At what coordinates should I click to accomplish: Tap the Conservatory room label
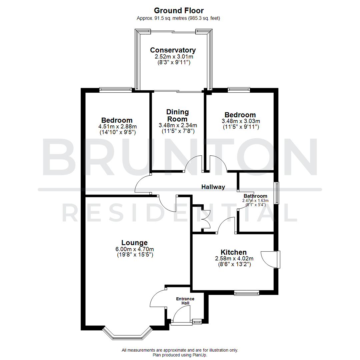173,50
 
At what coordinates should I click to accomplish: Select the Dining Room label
178,115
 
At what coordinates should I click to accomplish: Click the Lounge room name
134,242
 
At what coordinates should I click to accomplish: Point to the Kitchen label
233,252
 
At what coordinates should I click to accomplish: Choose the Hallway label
213,187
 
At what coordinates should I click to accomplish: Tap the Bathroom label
255,196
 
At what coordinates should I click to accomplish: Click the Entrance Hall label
185,301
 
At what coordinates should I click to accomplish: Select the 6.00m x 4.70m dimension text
134,249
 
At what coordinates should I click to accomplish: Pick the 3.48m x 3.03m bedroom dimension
241,121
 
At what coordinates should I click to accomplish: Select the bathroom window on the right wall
276,193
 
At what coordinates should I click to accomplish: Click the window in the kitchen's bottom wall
246,293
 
